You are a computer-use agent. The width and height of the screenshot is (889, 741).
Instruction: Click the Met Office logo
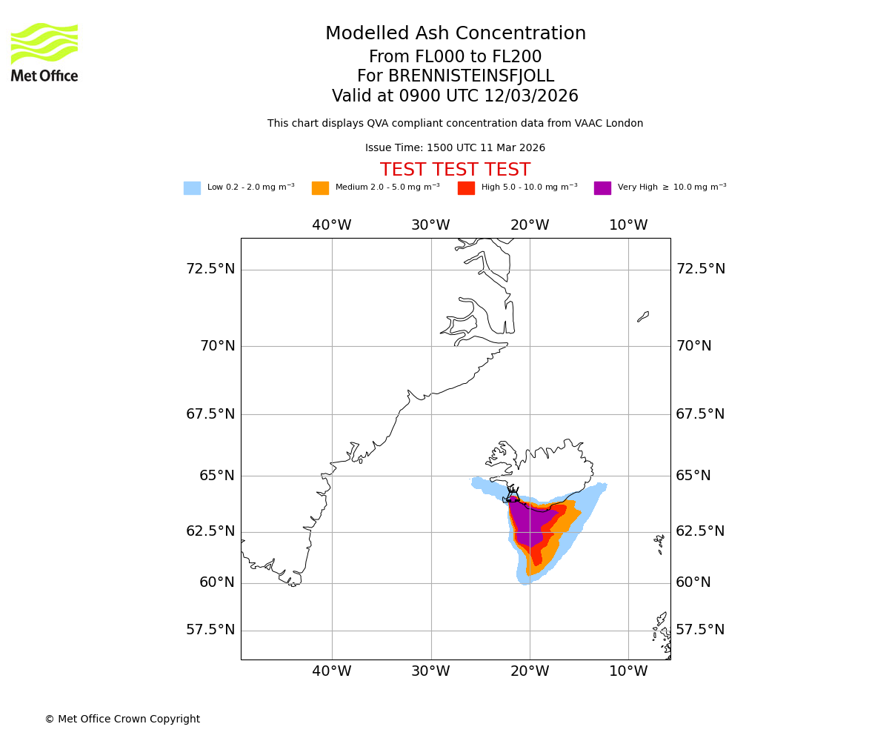click(44, 52)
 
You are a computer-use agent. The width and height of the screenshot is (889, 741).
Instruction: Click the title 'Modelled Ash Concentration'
click(456, 34)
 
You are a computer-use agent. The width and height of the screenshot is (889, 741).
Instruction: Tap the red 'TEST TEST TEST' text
click(455, 170)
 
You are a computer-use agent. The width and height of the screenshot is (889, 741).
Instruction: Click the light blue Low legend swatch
click(192, 188)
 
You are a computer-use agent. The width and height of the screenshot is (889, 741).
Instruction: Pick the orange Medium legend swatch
click(320, 188)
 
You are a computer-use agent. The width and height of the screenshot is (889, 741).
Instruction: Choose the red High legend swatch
click(466, 188)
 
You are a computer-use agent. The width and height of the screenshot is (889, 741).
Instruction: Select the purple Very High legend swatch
click(602, 188)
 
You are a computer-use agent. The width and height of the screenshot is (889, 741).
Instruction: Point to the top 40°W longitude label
click(331, 225)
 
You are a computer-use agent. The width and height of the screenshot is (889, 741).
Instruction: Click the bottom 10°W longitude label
click(628, 671)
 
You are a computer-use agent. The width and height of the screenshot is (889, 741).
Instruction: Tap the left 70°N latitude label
click(217, 346)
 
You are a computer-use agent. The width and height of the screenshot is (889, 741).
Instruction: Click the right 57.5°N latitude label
click(700, 630)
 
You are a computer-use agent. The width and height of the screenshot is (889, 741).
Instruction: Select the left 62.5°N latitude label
click(210, 531)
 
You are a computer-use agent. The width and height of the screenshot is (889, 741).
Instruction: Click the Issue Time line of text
click(455, 148)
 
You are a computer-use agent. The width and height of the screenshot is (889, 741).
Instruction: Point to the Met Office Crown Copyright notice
click(122, 720)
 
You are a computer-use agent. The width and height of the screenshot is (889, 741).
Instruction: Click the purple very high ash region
click(529, 522)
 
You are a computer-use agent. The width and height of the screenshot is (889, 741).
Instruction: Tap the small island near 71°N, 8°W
click(643, 316)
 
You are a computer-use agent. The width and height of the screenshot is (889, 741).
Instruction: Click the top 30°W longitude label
click(430, 225)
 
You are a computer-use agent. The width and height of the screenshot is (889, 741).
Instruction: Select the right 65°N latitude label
click(693, 476)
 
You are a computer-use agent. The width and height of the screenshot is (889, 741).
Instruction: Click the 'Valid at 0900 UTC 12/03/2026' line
click(455, 96)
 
